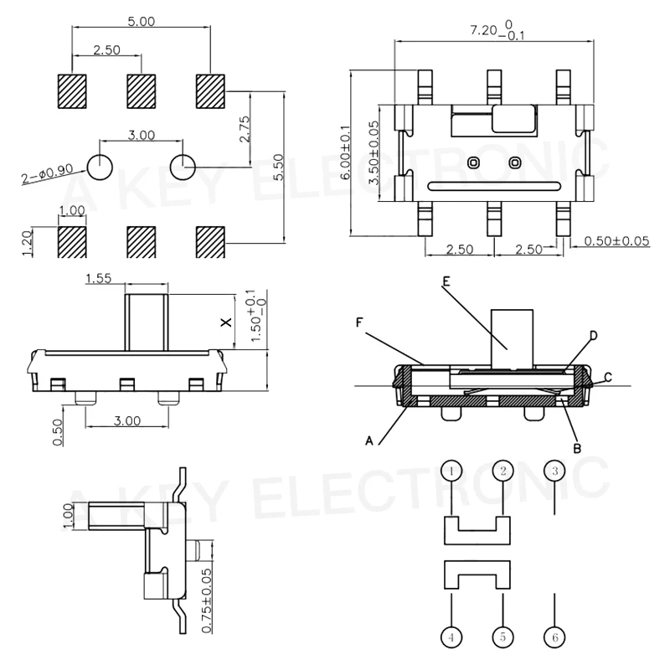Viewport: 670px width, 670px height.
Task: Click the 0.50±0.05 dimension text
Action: (617, 241)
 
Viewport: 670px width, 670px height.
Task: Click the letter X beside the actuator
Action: (224, 322)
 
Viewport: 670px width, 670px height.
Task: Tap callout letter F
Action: (358, 321)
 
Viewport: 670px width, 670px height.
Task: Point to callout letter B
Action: (576, 448)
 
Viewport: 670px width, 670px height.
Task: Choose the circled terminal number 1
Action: (451, 472)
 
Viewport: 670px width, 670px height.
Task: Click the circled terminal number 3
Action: (554, 472)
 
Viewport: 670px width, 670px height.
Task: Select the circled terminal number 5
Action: (502, 637)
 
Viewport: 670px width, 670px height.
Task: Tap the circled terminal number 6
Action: (554, 637)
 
